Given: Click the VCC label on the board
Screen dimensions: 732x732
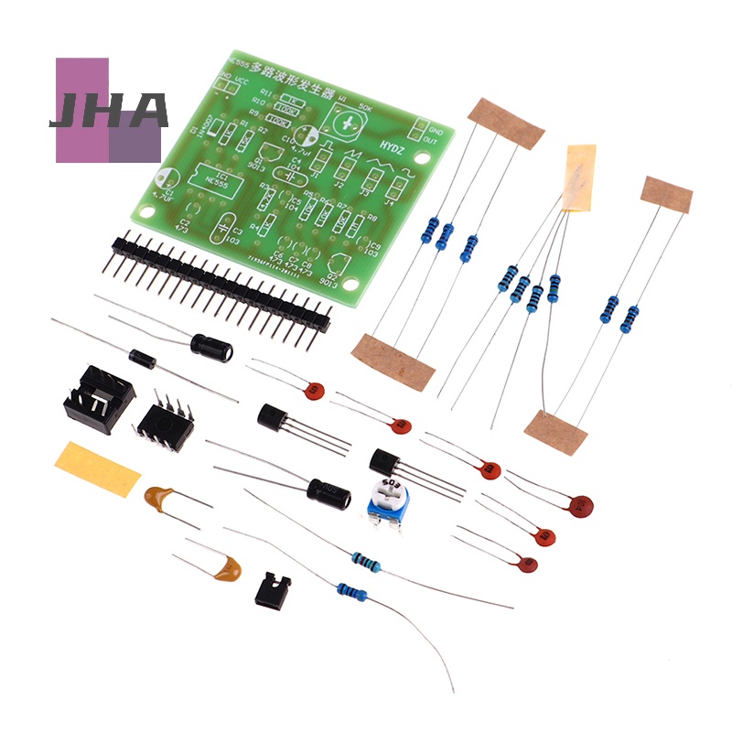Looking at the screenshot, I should (242, 82).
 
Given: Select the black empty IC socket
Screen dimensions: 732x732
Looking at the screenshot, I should (99, 399).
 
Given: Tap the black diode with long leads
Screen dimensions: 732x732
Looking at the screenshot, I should (143, 358).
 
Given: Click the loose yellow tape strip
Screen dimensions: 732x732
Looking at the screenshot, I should (98, 468).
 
